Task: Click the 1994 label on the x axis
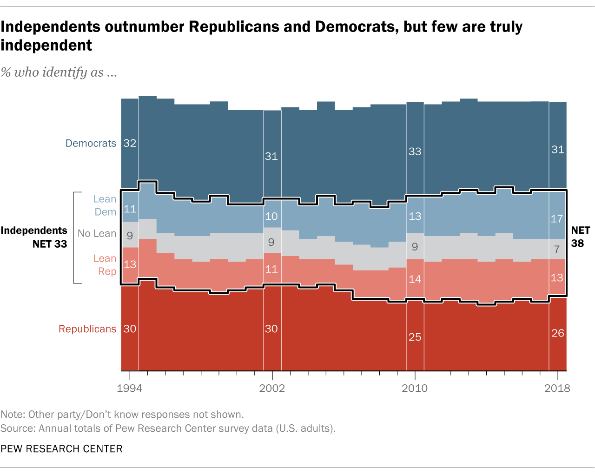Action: (130, 388)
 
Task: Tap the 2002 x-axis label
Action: (272, 388)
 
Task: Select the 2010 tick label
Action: (415, 388)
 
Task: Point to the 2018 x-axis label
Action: (557, 388)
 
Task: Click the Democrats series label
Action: (91, 143)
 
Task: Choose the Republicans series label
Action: (87, 329)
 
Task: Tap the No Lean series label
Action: (97, 233)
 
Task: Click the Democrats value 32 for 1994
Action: (130, 143)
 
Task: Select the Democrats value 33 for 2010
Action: (415, 151)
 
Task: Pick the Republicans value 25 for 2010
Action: (415, 337)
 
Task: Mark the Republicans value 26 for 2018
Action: (557, 333)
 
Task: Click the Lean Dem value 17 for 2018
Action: (557, 218)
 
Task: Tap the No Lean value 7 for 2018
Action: (557, 250)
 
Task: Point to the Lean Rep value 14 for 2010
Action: (415, 279)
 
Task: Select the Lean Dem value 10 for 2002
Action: (271, 217)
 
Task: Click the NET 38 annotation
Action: (580, 237)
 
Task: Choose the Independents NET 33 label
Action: (34, 237)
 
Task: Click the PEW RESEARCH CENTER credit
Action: (61, 449)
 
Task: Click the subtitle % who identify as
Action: (59, 72)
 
